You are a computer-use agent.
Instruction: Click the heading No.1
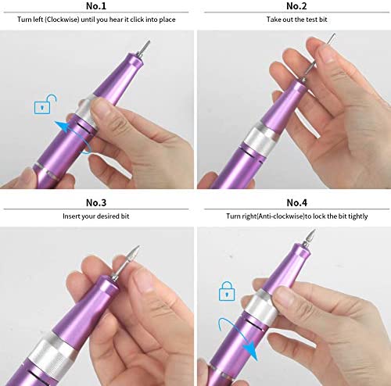click(x=96, y=6)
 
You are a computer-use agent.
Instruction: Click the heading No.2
click(x=296, y=6)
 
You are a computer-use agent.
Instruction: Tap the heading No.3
click(x=96, y=202)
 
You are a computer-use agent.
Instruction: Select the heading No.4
click(x=297, y=202)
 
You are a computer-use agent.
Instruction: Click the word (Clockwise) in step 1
click(x=62, y=20)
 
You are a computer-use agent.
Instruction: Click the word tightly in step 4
click(x=358, y=216)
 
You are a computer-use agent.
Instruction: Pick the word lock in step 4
click(x=319, y=216)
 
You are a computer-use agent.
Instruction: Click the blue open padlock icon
click(x=45, y=104)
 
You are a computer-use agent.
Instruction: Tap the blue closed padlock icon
click(x=227, y=291)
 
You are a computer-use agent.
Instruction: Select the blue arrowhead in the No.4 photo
click(x=249, y=351)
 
